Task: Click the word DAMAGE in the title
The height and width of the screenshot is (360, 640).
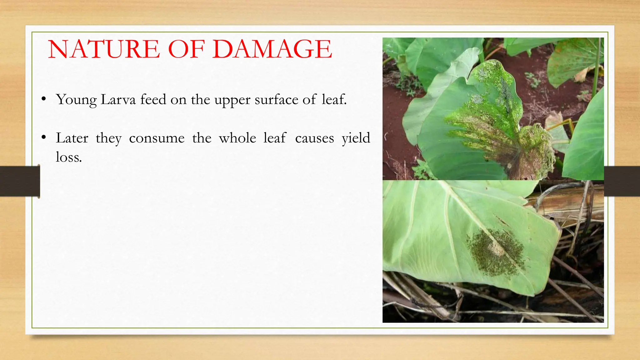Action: (272, 49)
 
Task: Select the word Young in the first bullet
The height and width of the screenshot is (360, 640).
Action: (76, 100)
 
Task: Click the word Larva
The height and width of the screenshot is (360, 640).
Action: (118, 100)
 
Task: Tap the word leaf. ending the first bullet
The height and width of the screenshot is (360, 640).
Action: (334, 100)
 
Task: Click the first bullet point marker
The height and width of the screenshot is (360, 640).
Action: (44, 99)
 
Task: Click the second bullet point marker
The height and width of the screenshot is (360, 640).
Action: (44, 137)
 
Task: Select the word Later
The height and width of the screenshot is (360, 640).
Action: (72, 138)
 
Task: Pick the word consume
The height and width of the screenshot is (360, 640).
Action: (157, 138)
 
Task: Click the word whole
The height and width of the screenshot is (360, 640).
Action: (237, 138)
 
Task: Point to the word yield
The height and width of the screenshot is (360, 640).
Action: (356, 138)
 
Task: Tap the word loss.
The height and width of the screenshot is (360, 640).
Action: (69, 157)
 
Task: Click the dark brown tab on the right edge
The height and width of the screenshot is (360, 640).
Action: (622, 181)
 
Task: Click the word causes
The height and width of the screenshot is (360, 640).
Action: (314, 138)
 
